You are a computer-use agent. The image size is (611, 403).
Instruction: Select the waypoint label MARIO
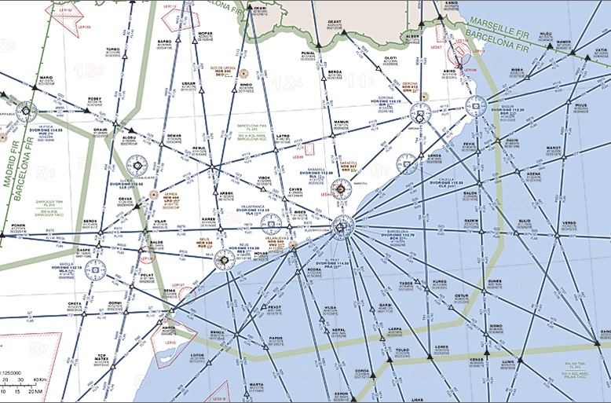click(46, 78)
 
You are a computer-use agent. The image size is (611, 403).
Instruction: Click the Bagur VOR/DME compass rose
click(476, 105)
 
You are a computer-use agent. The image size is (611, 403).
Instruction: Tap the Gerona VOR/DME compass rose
click(419, 116)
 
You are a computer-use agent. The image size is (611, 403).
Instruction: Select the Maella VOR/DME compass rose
click(94, 271)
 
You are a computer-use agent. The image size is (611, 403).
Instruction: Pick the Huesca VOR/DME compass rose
click(26, 112)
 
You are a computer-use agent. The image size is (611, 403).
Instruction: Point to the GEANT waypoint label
click(335, 21)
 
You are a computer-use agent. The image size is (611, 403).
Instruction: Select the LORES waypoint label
click(441, 345)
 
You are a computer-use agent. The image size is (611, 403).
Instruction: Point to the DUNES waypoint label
click(495, 280)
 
